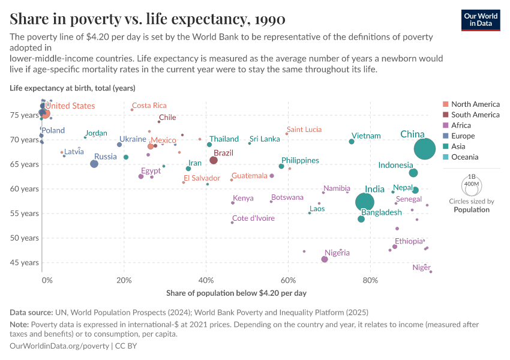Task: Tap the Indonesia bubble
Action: tap(413, 173)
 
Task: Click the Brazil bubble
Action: tap(214, 160)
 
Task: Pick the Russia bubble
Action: tap(94, 164)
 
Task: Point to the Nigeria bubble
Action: tap(325, 259)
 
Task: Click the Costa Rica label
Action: tap(149, 106)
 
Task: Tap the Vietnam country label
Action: tap(366, 136)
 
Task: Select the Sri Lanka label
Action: tap(265, 139)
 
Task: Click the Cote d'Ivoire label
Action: tap(253, 218)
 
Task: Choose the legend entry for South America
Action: tap(475, 115)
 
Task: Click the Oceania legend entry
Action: tap(465, 157)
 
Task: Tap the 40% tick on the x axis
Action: tap(206, 280)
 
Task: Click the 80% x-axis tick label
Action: tap(370, 280)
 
